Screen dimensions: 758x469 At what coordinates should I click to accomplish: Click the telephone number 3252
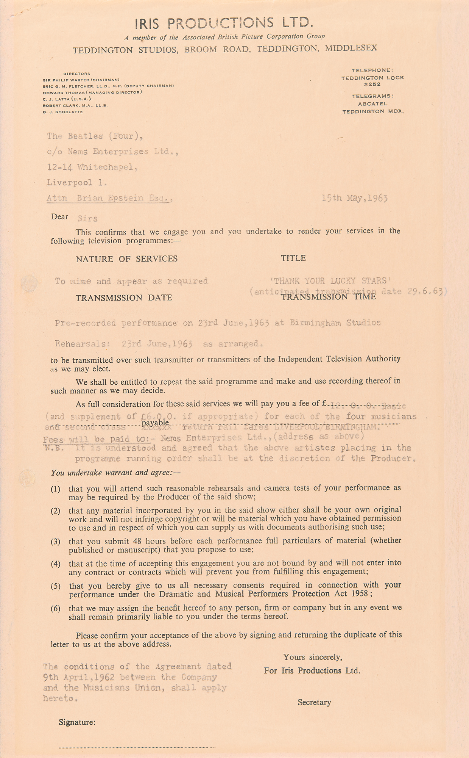tap(372, 85)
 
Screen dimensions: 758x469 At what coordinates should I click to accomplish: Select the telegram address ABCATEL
tap(372, 103)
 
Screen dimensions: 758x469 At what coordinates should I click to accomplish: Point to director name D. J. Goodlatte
tap(63, 112)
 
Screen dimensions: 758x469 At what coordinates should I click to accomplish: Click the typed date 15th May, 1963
tap(355, 198)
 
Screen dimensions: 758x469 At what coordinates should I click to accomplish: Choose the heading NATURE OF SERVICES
tap(126, 259)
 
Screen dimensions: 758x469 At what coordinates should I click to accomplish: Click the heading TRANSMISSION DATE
tap(124, 298)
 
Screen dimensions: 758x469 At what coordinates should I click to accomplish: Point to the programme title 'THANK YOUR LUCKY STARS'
tap(330, 281)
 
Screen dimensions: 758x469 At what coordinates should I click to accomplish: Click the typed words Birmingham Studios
tap(335, 323)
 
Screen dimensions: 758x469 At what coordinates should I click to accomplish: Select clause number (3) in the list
tap(56, 542)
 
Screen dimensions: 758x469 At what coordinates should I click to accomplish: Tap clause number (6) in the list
tap(56, 609)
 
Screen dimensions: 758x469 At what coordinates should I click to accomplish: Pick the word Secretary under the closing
tap(314, 702)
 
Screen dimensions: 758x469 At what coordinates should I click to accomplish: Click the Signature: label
tap(77, 722)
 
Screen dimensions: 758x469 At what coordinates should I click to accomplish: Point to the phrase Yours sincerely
tap(313, 657)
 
